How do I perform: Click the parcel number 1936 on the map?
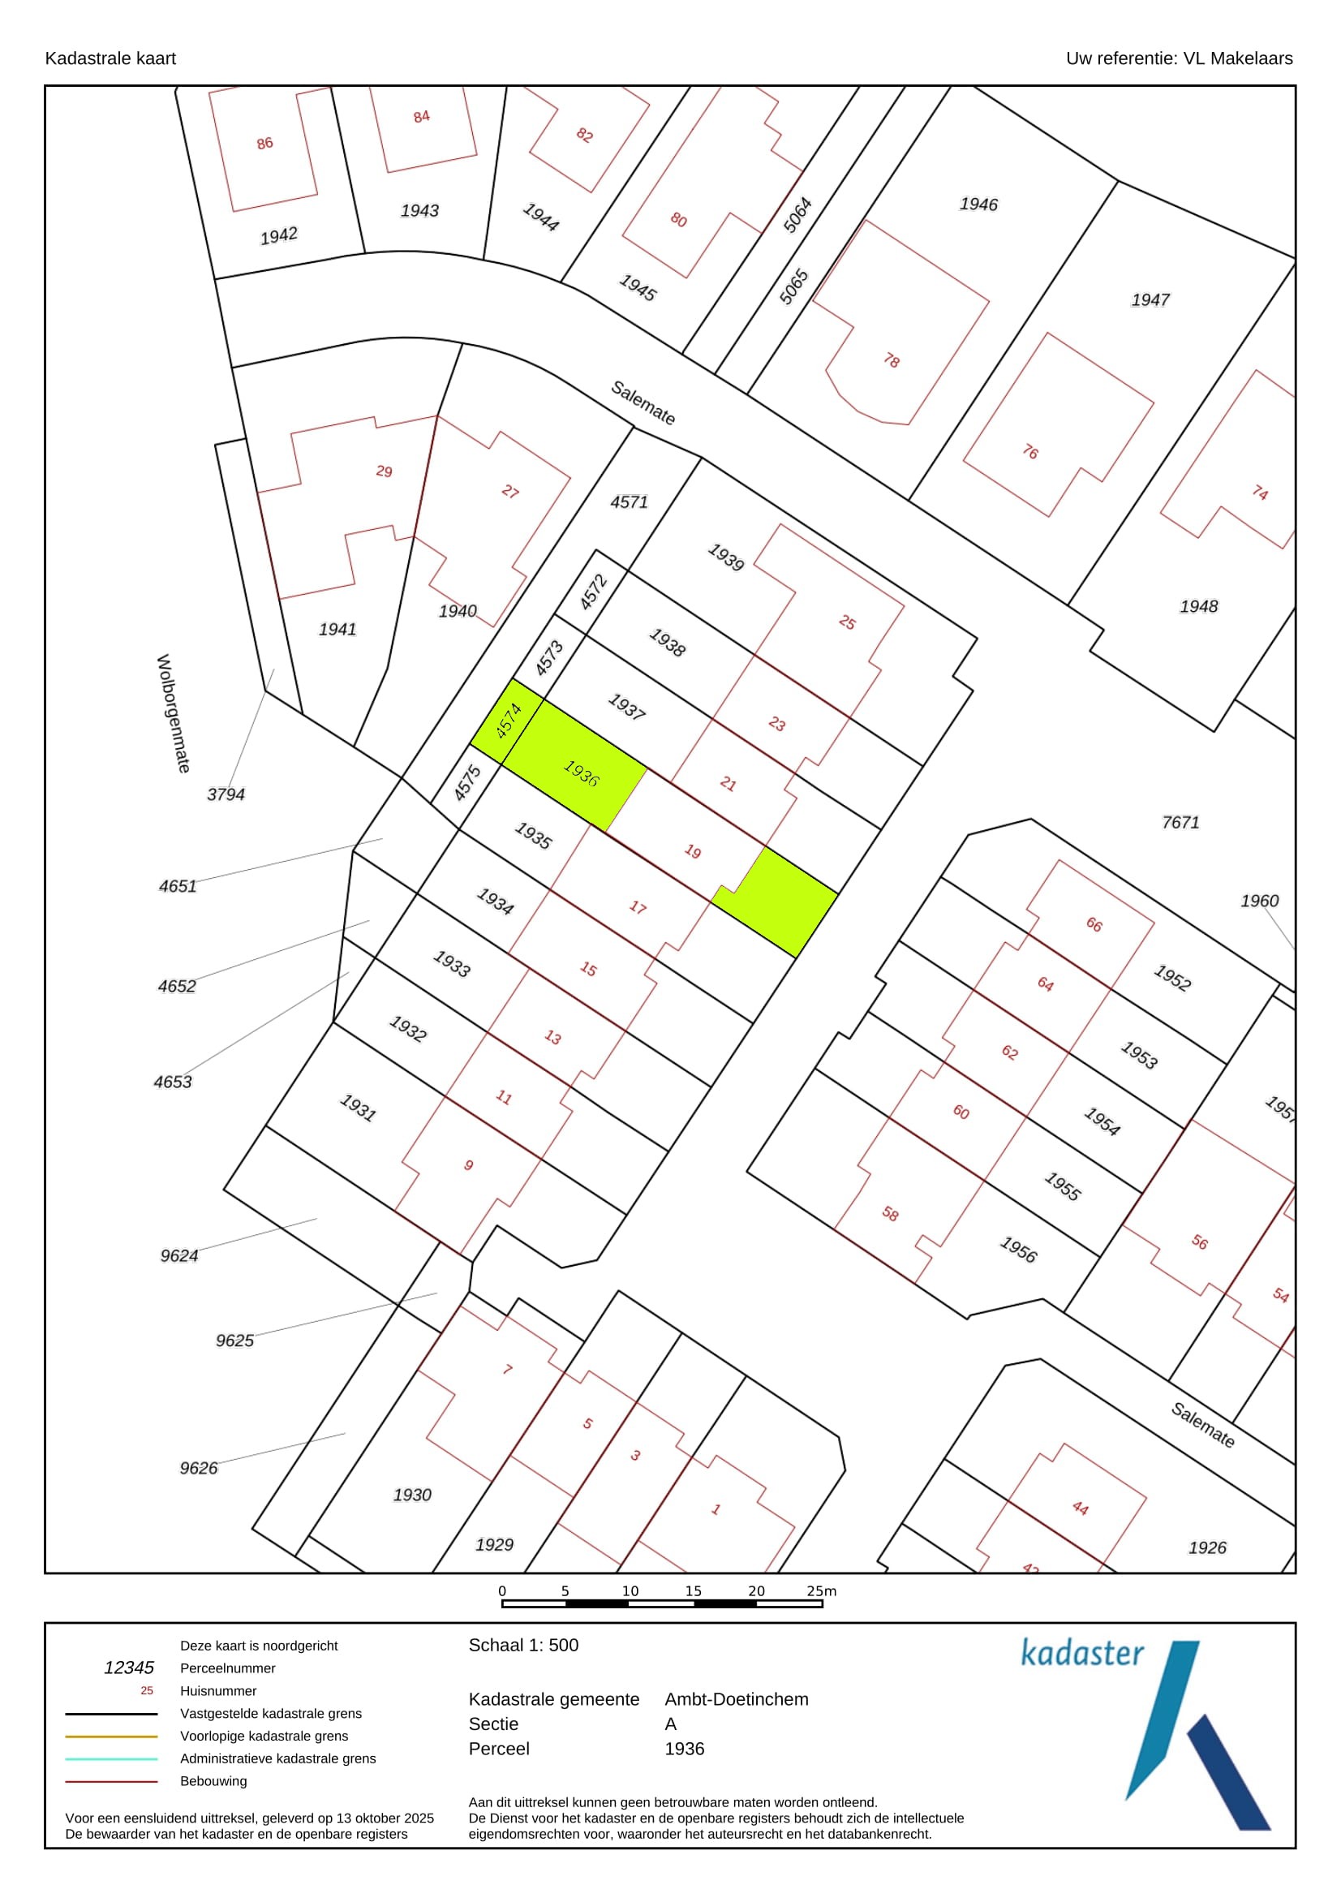click(581, 773)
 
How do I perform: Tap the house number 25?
click(847, 622)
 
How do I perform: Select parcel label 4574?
click(508, 720)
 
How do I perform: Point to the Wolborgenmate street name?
click(174, 713)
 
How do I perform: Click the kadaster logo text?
click(1081, 1653)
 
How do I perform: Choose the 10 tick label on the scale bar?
click(630, 1590)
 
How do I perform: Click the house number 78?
click(891, 359)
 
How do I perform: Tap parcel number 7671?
click(1180, 822)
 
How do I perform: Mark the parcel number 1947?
click(1150, 299)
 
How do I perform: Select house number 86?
click(264, 143)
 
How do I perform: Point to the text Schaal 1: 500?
click(523, 1645)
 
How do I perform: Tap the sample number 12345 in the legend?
click(129, 1668)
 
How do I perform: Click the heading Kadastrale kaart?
click(110, 58)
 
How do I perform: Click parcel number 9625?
click(234, 1340)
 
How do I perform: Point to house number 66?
click(1094, 924)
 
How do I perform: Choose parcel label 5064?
click(797, 215)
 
